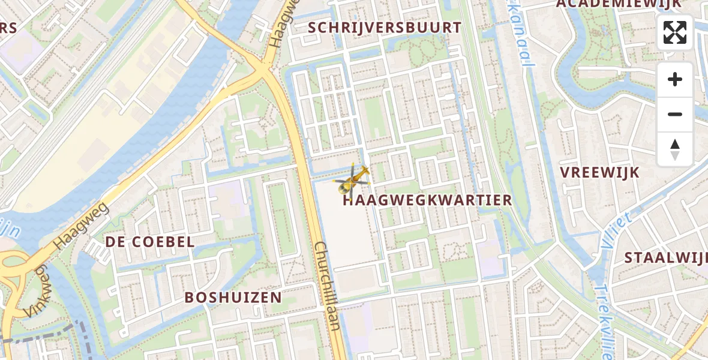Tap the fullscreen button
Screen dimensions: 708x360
coord(675,32)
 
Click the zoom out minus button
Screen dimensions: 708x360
coord(675,114)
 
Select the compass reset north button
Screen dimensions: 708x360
coord(675,149)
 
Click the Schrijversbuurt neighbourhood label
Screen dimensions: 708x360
coord(385,28)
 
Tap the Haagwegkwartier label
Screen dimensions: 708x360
coord(427,200)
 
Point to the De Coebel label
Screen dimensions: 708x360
coord(150,242)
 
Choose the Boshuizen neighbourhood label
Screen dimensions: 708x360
coord(233,298)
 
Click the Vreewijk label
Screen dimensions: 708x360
coord(600,172)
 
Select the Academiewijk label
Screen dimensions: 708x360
coord(619,4)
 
